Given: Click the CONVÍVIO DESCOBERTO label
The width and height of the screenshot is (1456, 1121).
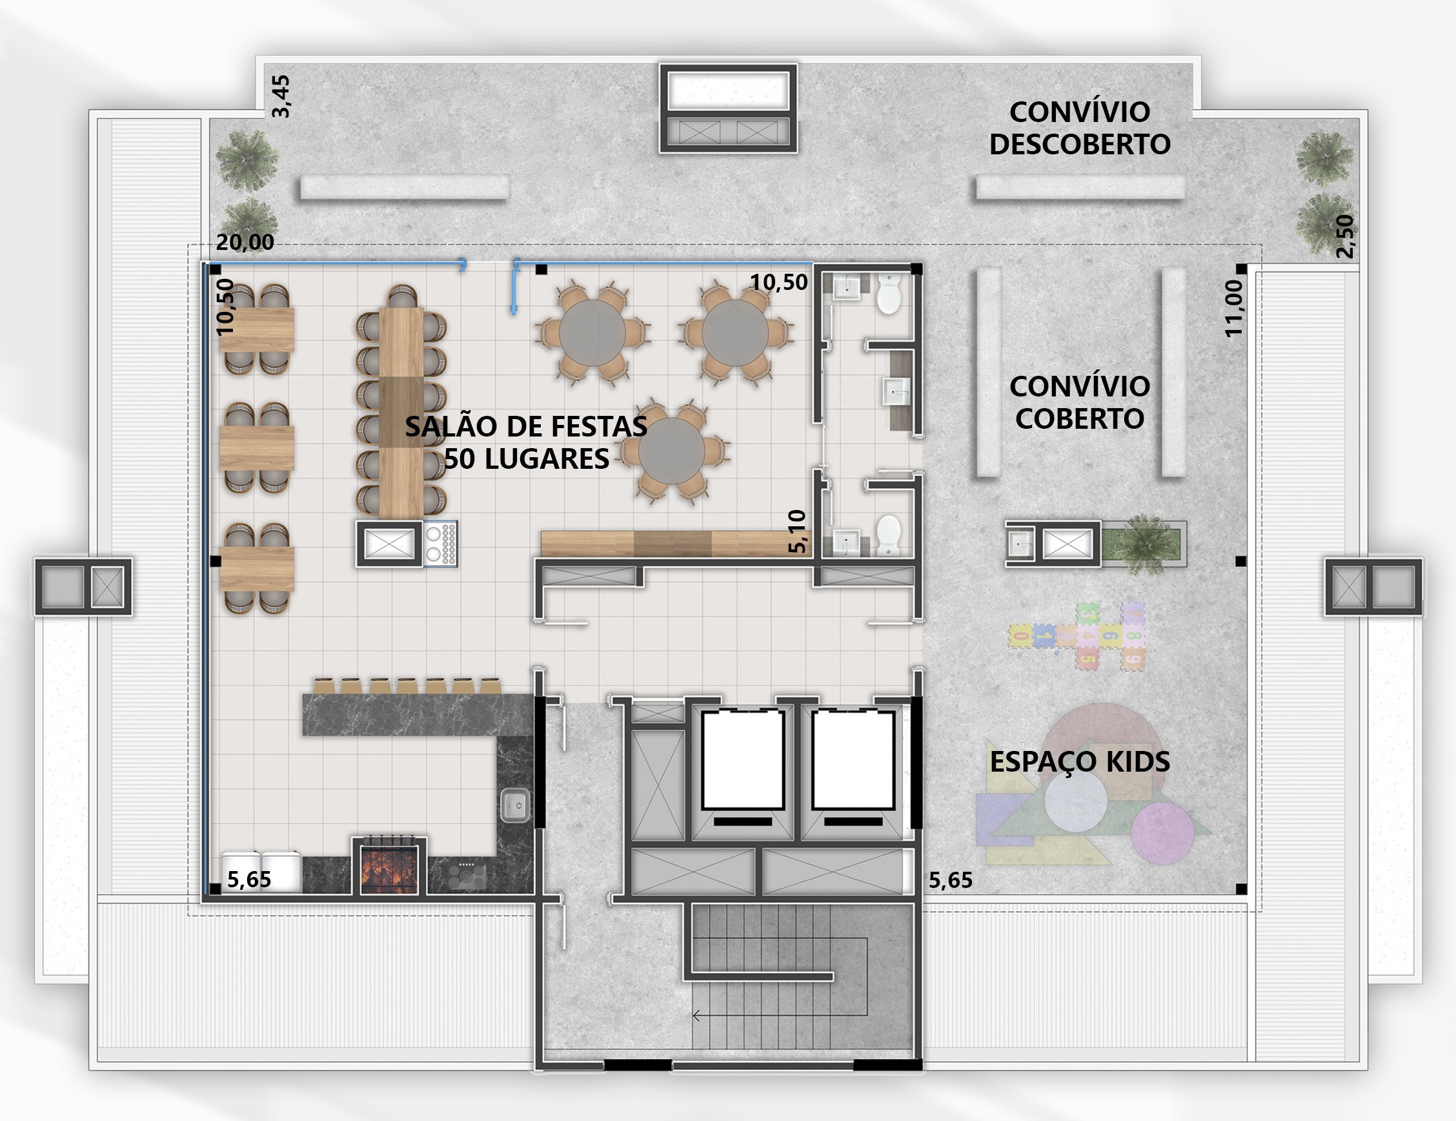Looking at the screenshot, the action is point(1079,128).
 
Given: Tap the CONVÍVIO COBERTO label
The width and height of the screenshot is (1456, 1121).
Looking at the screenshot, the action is point(1079,402).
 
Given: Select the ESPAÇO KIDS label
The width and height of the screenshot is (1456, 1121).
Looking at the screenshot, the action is point(1079,761).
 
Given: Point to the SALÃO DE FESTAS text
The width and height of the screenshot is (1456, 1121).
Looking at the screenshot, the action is point(526,426).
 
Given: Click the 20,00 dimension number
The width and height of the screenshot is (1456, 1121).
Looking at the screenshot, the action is point(245,242).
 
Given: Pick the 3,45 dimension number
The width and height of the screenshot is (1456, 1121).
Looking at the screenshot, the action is point(281,97).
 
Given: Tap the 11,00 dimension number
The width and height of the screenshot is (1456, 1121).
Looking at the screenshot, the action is point(1234,308).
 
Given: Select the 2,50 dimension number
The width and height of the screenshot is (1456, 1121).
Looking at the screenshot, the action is point(1346,236).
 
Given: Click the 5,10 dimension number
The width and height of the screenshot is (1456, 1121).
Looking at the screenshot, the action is point(797,531).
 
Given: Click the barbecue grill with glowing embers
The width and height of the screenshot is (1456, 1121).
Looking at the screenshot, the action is point(389,865).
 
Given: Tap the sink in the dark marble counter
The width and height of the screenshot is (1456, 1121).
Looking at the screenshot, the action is point(515,805).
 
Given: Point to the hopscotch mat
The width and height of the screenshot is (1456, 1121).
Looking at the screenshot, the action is point(1077,635).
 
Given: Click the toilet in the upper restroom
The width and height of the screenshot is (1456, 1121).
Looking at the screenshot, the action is point(888,294).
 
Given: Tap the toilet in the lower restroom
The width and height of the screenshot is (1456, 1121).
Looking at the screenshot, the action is point(888,535).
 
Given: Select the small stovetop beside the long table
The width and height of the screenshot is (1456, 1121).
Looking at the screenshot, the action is point(441,544).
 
